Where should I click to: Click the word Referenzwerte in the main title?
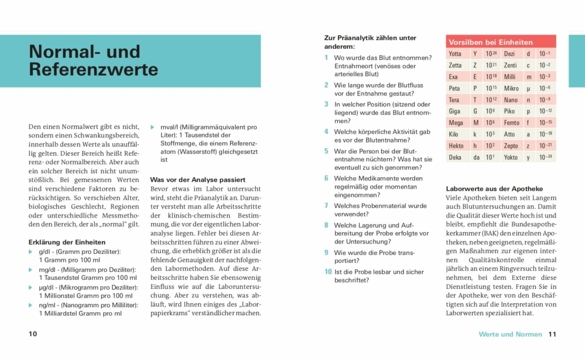[94, 69]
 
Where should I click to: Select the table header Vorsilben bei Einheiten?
[491, 42]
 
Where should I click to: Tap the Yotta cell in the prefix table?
[455, 54]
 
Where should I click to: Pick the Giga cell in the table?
[454, 111]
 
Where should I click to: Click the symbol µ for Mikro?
[528, 89]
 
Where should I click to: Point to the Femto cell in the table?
[511, 123]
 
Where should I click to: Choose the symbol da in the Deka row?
[476, 157]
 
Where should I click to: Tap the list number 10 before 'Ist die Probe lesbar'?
[328, 271]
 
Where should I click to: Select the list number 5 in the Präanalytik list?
[327, 151]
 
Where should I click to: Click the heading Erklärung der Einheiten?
[67, 242]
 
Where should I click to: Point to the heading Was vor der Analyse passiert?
[198, 179]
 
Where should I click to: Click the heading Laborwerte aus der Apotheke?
[494, 189]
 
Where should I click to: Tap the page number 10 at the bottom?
[33, 334]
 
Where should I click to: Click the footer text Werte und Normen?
[510, 334]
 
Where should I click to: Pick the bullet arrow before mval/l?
[152, 127]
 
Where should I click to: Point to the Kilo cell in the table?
[454, 134]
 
